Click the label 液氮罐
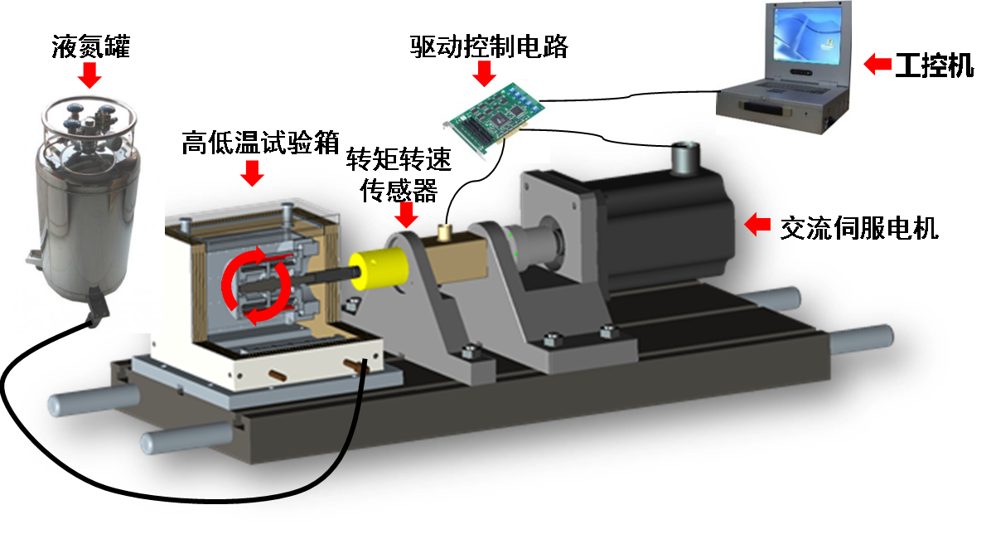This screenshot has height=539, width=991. click(91, 46)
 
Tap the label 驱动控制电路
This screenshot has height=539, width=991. click(489, 46)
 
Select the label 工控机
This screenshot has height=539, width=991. click(934, 66)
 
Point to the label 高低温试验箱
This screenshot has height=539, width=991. click(260, 143)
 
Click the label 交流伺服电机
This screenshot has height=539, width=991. click(859, 228)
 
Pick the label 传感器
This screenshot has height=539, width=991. click(399, 189)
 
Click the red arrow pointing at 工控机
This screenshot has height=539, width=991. click(877, 64)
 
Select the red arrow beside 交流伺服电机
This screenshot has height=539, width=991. click(757, 224)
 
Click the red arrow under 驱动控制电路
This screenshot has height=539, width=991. click(485, 73)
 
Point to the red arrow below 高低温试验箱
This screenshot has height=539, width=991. click(252, 173)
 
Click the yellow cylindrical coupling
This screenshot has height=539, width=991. click(379, 268)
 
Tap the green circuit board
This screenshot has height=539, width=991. click(489, 117)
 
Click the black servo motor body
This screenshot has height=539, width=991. click(664, 228)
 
